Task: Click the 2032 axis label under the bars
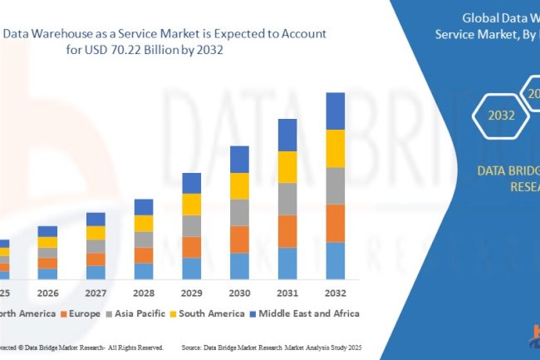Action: tap(335, 293)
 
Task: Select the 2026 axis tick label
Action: tap(47, 293)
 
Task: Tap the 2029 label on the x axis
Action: tap(191, 293)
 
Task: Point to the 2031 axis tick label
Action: tap(287, 293)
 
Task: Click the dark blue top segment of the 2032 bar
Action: tap(335, 111)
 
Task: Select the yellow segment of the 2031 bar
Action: tap(287, 166)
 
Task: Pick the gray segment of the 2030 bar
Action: tap(239, 212)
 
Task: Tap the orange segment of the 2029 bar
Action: tap(191, 247)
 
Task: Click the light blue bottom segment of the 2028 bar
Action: tap(144, 270)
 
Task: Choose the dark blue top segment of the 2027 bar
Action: tap(96, 219)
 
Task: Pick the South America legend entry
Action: tap(207, 313)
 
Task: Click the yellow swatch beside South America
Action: tap(174, 314)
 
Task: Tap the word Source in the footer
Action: tap(194, 346)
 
